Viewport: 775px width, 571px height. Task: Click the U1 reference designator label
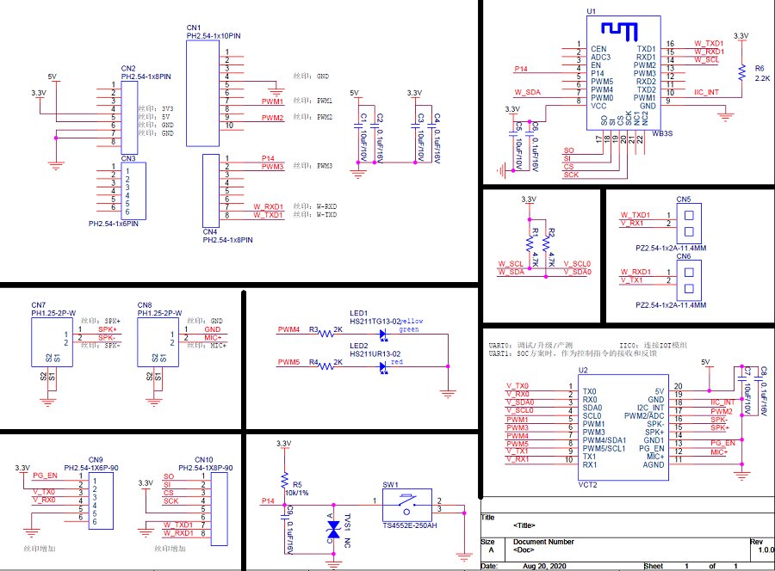tap(591, 11)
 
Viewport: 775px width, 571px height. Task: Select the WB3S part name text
tap(662, 133)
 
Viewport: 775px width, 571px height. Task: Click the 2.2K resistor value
tap(762, 78)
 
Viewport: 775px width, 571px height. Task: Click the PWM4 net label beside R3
tap(288, 329)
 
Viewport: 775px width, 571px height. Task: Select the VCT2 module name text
tap(588, 485)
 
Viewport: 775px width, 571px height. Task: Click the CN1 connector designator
tap(193, 28)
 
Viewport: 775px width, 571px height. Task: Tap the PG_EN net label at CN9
tap(45, 476)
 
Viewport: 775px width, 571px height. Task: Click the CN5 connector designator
tap(684, 200)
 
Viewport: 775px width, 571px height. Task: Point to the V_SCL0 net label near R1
tap(577, 263)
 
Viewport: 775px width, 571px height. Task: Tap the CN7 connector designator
tap(38, 305)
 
